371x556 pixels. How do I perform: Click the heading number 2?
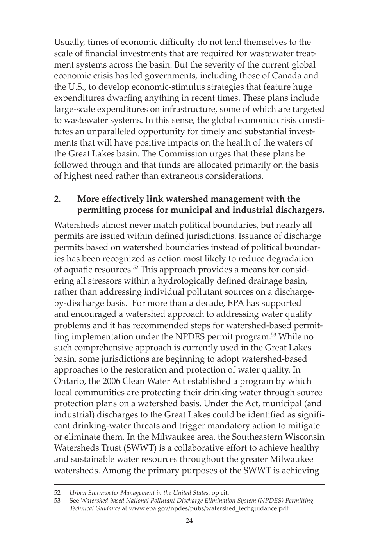pos(57,199)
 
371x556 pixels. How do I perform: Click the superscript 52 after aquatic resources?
pos(135,268)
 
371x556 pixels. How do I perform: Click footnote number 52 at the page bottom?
pos(57,492)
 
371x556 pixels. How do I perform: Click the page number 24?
pos(189,520)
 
